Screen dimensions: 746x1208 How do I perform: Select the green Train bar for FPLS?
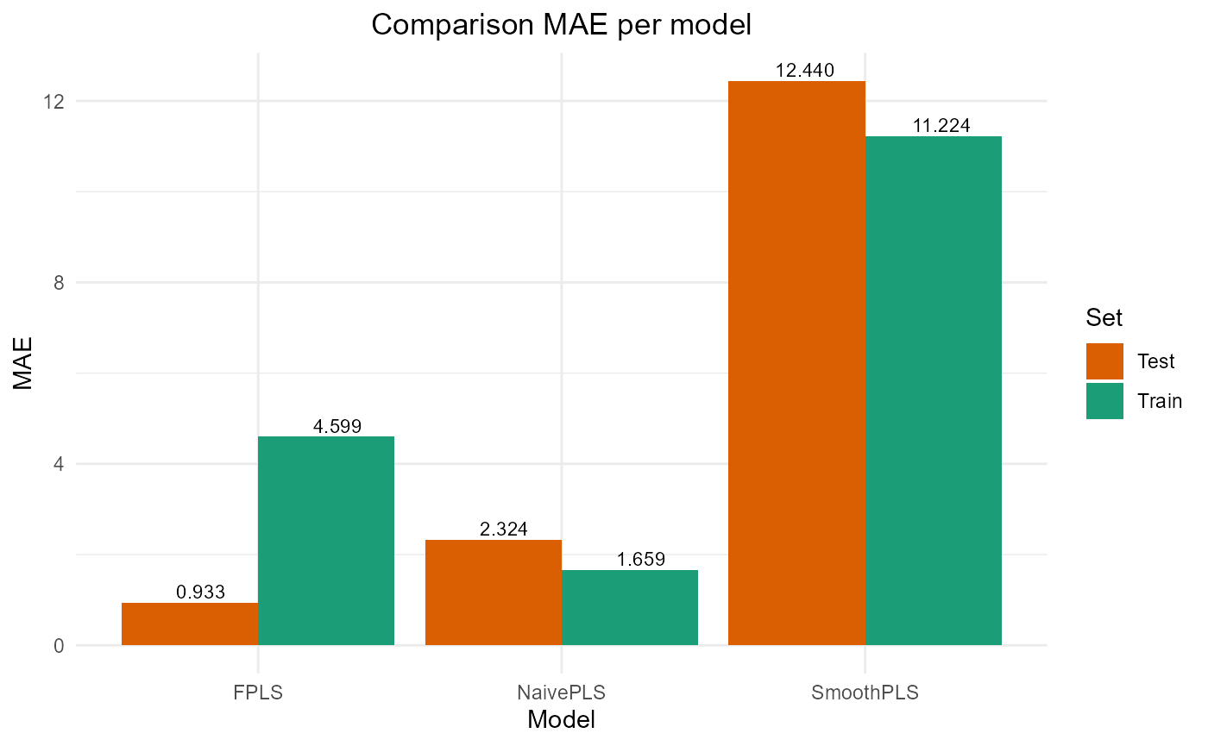click(x=326, y=541)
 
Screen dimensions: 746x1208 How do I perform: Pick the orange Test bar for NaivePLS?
click(x=494, y=592)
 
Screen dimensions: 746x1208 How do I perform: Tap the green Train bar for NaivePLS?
click(x=630, y=607)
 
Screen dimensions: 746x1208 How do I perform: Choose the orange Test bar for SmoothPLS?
click(x=797, y=363)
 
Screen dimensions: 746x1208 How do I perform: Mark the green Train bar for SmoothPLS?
click(x=934, y=391)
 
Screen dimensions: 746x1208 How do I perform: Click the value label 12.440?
click(x=804, y=71)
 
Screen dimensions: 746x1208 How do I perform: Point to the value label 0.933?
click(x=200, y=592)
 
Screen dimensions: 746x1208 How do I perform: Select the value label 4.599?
click(x=337, y=426)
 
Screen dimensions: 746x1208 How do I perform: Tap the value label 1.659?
click(x=640, y=560)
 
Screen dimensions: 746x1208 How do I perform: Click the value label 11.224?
click(x=941, y=126)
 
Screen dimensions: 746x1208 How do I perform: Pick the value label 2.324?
click(x=503, y=530)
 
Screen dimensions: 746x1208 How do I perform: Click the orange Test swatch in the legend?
click(x=1104, y=361)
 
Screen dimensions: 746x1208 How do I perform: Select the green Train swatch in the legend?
click(x=1104, y=401)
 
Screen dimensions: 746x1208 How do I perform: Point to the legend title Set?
click(x=1104, y=318)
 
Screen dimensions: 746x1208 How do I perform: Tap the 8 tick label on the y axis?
click(x=60, y=283)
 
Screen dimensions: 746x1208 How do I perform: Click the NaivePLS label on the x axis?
click(x=561, y=693)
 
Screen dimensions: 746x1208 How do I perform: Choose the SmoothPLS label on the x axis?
click(x=865, y=693)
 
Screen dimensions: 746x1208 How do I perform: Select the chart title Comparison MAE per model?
click(x=561, y=25)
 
